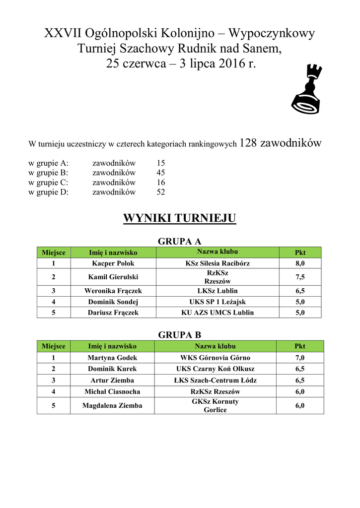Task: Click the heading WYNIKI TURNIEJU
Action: pos(179,218)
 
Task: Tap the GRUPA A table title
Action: pos(179,242)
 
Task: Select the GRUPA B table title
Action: pos(179,335)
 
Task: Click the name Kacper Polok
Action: pos(113,263)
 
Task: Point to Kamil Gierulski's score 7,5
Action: pos(300,277)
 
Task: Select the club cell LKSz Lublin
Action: pos(217,291)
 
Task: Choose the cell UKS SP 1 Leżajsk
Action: pos(217,302)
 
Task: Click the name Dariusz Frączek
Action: pos(113,313)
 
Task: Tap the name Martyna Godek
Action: pos(112,358)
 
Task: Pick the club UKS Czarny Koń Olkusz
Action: pos(215,369)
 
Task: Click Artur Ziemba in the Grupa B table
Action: pos(112,381)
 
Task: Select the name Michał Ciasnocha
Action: pos(112,391)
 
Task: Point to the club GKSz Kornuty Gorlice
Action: pos(215,406)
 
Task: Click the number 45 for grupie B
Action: pos(160,173)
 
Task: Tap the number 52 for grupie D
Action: pos(160,192)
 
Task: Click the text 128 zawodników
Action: pos(281,143)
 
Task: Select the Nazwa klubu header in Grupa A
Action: pos(217,252)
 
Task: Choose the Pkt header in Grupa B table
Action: pos(300,346)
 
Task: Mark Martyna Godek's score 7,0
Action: pos(300,358)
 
